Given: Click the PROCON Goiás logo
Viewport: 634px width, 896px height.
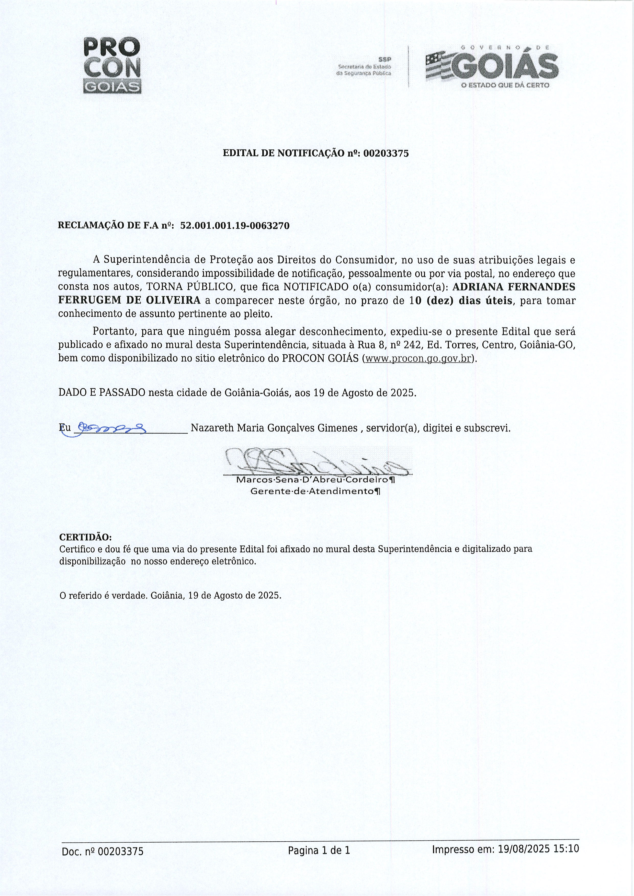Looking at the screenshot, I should click(x=112, y=65).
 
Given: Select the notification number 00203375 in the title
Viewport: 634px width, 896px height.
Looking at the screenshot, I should click(x=386, y=153).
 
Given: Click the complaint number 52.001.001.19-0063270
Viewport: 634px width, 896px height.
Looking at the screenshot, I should click(x=235, y=226).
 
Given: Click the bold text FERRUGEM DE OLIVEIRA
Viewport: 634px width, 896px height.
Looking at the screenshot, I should click(x=129, y=300).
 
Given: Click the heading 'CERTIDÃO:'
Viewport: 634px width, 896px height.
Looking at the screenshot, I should click(x=85, y=537).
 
